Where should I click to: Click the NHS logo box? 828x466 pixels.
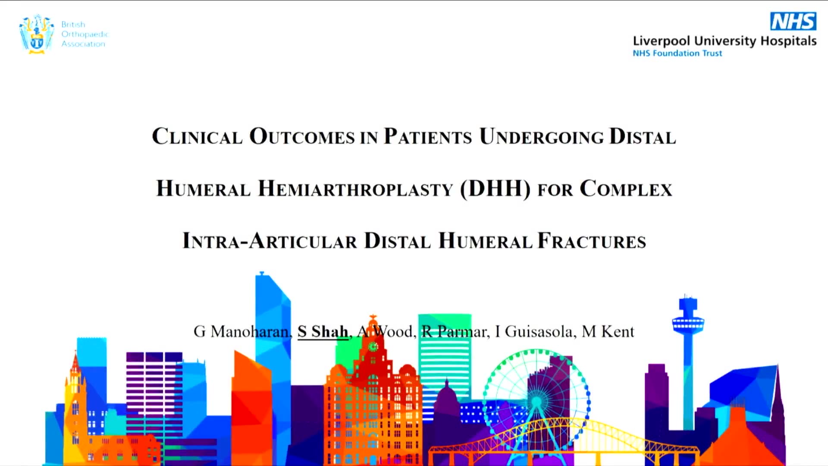click(x=793, y=21)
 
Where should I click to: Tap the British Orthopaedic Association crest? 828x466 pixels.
click(x=37, y=34)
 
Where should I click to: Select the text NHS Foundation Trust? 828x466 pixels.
click(x=677, y=53)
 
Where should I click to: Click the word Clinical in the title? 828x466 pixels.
click(x=197, y=136)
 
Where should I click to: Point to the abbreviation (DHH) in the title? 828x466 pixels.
click(x=495, y=189)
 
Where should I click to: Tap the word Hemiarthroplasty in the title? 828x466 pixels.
click(x=355, y=189)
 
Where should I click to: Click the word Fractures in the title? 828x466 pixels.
click(x=592, y=241)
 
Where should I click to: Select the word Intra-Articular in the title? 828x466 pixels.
click(x=270, y=241)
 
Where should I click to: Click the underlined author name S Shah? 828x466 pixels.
click(x=323, y=331)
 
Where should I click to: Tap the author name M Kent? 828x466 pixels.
click(x=608, y=331)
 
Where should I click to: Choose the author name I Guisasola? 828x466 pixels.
click(x=534, y=331)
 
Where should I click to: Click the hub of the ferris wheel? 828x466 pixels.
click(x=536, y=402)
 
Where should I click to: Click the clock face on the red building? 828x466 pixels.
click(x=373, y=346)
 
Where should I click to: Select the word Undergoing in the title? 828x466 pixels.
click(x=541, y=136)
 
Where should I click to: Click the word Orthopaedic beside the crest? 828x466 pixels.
click(x=85, y=34)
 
